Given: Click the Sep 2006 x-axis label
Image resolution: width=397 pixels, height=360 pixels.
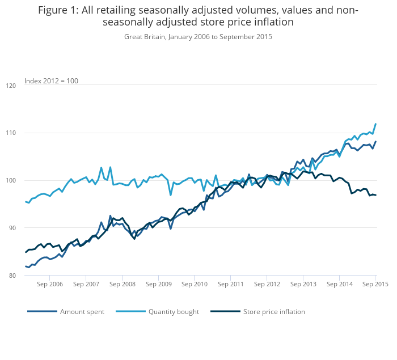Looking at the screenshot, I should [x=49, y=284].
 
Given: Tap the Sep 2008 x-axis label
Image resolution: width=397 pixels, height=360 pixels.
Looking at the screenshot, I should [x=122, y=284].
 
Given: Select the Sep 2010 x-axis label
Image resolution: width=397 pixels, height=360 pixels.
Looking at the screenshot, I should [x=195, y=284].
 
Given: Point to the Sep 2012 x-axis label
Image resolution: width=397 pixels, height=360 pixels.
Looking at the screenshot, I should [x=267, y=284].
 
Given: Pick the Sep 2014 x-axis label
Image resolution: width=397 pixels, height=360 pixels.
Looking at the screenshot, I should [x=339, y=284].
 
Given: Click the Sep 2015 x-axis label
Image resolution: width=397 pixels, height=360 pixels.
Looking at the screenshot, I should [x=375, y=284].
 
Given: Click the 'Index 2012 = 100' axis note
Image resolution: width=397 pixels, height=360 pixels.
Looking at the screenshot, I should [x=51, y=81].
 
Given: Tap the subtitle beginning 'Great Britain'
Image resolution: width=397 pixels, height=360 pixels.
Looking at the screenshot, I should [x=198, y=37].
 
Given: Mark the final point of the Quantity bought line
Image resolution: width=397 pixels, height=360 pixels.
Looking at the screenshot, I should [x=376, y=124].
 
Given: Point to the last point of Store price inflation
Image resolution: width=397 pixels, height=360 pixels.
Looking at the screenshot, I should [x=376, y=195].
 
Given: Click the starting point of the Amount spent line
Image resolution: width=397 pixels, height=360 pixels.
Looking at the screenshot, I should [x=26, y=266].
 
